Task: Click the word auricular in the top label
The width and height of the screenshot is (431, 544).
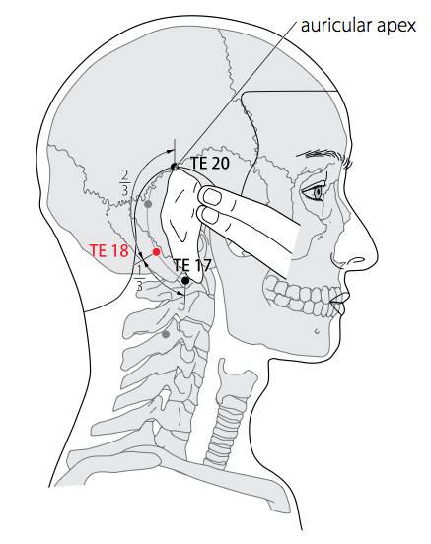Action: (x=331, y=26)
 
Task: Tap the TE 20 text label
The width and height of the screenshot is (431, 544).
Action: (x=210, y=163)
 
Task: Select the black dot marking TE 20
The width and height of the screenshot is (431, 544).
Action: (x=174, y=167)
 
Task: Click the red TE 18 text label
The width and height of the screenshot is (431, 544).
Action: (x=109, y=250)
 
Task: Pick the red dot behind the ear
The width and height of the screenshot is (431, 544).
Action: (x=156, y=252)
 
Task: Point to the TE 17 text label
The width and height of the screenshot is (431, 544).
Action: (x=192, y=265)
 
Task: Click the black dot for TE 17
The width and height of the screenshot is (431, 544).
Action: (x=185, y=280)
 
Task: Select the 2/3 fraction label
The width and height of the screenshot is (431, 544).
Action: (x=125, y=182)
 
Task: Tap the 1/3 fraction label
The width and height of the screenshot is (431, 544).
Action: (x=139, y=277)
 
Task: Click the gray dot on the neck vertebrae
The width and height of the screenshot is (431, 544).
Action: (x=166, y=334)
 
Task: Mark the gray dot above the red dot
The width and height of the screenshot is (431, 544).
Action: (x=148, y=204)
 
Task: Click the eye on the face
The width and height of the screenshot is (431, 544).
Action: (x=315, y=192)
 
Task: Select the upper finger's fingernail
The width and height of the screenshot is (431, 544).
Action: (x=212, y=197)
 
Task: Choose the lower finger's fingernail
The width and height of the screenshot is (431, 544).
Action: (x=210, y=215)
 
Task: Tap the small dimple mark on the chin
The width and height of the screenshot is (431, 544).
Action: (x=317, y=331)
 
